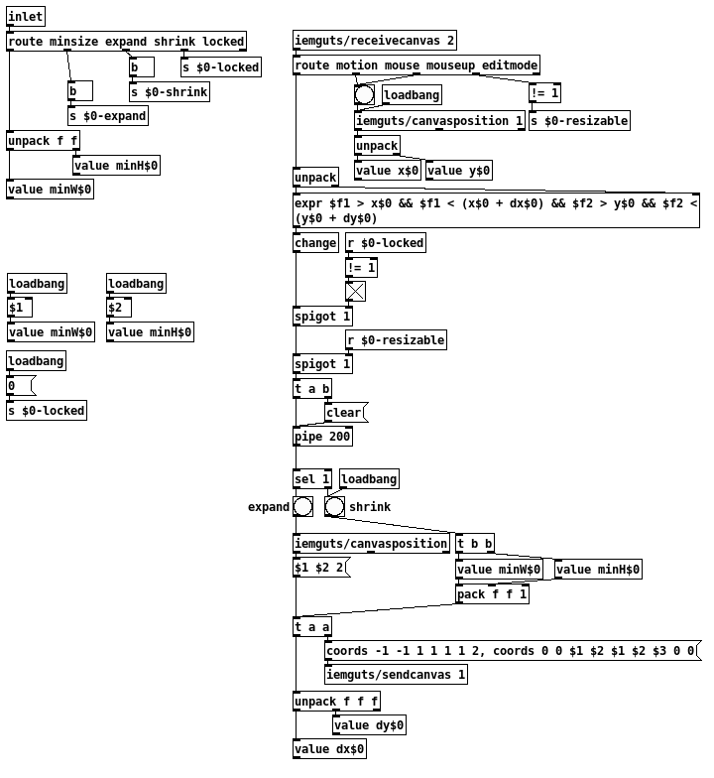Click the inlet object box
coord(26,17)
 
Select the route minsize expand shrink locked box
coord(126,42)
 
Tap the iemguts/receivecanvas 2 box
coord(375,41)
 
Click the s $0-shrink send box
coord(170,92)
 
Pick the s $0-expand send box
coord(108,116)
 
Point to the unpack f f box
coord(44,141)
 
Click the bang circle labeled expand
coord(303,507)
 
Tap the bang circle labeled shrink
coord(335,507)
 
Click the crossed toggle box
coord(355,292)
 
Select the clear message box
coord(345,413)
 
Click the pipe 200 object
coord(323,437)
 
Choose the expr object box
coord(496,210)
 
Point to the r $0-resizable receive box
coord(396,340)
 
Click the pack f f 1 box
coord(492,594)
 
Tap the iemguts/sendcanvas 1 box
coord(396,675)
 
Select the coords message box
coord(512,651)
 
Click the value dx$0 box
coord(329,749)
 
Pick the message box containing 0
coord(21,386)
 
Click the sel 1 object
coord(312,479)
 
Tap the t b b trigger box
coord(475,544)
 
